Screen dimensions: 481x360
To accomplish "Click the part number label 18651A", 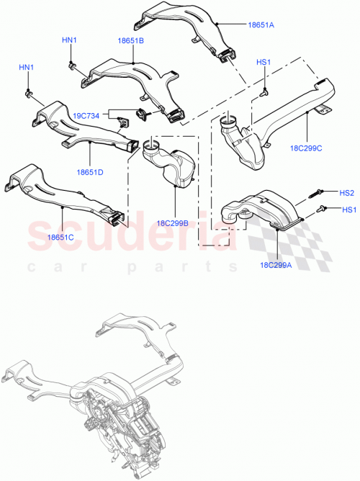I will (x=261, y=25).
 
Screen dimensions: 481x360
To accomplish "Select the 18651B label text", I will (x=131, y=41).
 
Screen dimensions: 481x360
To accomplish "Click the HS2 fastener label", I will (x=347, y=192).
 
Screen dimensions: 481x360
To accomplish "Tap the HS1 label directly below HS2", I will (x=347, y=210).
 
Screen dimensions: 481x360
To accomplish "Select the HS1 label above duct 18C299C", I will (x=264, y=63).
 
